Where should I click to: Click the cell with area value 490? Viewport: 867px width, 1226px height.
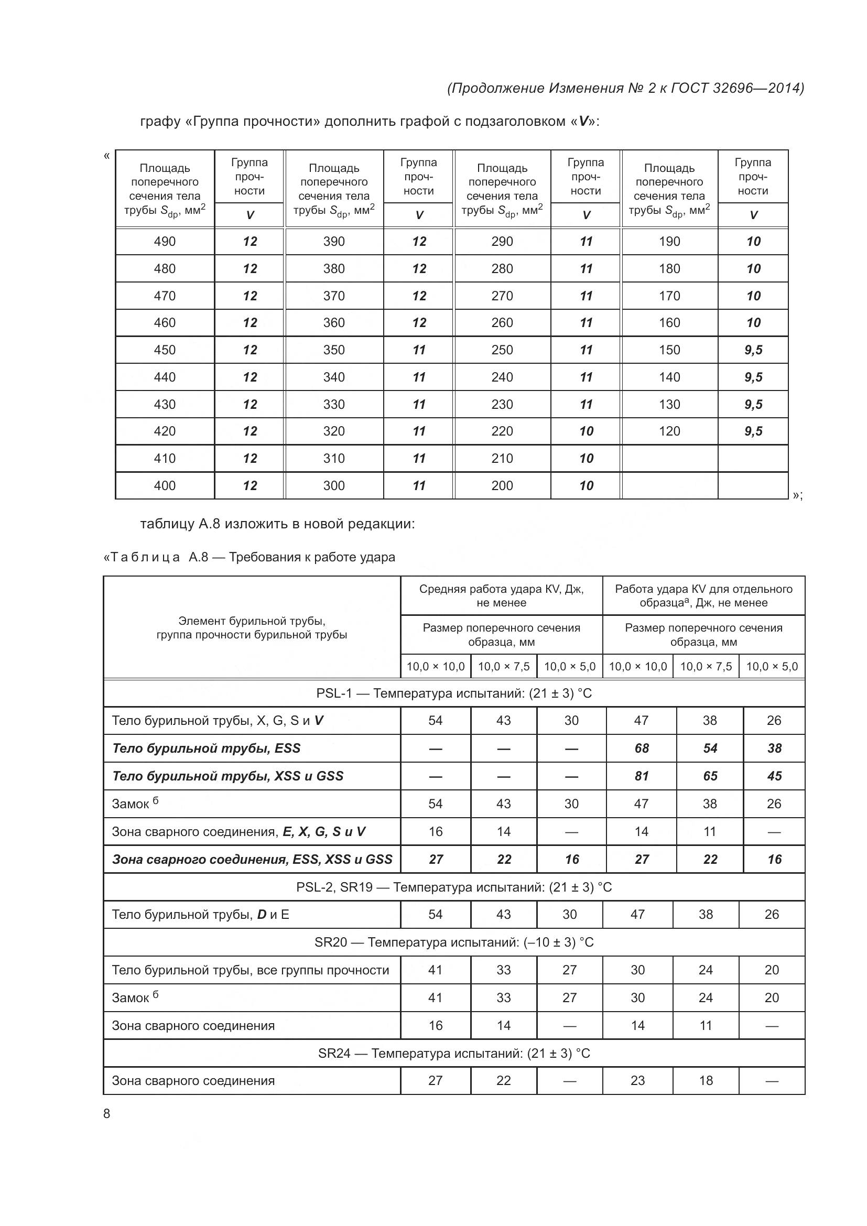pos(165,241)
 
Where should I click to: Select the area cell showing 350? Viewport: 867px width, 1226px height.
pos(334,350)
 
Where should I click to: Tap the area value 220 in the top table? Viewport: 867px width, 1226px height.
pos(502,431)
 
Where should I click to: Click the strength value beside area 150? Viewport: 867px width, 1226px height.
pos(753,350)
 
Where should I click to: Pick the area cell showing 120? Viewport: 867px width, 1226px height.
pos(669,431)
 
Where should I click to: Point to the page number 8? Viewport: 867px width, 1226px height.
pos(107,1113)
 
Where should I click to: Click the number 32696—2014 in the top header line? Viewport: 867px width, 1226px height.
pos(757,88)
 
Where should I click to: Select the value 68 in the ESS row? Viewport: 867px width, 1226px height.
pos(641,748)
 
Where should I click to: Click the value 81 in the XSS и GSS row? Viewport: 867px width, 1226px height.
pos(641,776)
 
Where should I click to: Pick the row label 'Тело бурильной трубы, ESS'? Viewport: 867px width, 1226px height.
pos(206,748)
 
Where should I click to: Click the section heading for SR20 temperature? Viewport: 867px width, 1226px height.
pos(453,942)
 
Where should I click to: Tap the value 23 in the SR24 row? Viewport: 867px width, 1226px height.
pos(637,1080)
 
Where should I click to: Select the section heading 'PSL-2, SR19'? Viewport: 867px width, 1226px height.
pos(453,887)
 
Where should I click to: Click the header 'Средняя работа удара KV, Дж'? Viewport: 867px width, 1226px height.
pos(501,595)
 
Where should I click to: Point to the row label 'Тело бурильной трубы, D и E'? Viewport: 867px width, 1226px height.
pos(200,914)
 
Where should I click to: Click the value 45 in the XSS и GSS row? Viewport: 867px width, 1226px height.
pos(774,776)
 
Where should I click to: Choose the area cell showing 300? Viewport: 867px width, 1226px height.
pos(334,485)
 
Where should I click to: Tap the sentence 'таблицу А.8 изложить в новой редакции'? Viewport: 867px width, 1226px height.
pos(277,524)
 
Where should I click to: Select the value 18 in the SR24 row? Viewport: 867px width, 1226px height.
pos(706,1080)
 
